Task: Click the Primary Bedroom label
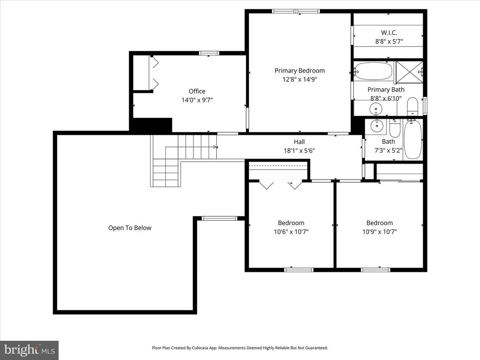point(300,70)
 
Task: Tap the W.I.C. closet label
point(389,32)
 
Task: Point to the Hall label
point(299,141)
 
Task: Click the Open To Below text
point(130,227)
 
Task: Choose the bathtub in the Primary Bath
point(373,71)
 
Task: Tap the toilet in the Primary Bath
point(412,107)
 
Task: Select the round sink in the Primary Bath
point(375,108)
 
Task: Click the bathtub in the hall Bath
point(412,139)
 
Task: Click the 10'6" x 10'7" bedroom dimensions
point(291,231)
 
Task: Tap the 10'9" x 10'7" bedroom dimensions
point(379,231)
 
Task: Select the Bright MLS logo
point(29,350)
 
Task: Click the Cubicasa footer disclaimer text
point(240,347)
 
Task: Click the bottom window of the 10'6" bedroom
point(299,270)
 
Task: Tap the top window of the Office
point(209,53)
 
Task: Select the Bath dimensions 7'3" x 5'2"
point(389,150)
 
